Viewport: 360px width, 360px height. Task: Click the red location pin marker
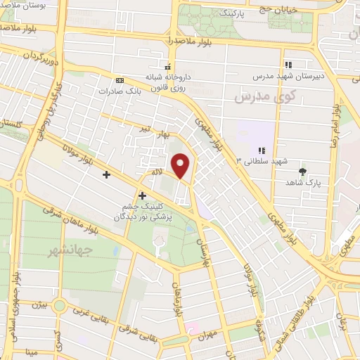(181, 166)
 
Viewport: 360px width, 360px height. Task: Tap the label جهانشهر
(70, 250)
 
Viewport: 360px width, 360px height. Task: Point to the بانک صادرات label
(117, 91)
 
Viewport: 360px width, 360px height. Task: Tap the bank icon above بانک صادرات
(118, 80)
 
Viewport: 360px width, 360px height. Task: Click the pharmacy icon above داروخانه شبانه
(167, 66)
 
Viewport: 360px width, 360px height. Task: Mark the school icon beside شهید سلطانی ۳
(262, 150)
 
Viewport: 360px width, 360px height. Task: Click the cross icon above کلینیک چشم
(143, 195)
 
